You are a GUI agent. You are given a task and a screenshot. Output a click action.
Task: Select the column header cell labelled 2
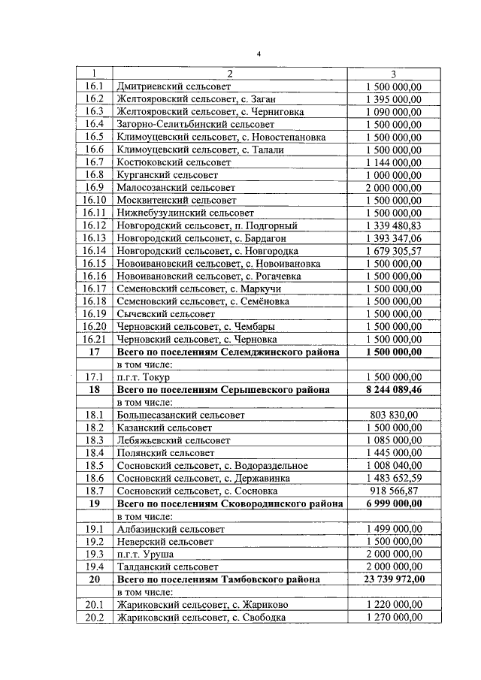[230, 74]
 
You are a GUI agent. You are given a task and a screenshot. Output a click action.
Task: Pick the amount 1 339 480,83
[394, 225]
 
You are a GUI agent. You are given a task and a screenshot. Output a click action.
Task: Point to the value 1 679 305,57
[394, 250]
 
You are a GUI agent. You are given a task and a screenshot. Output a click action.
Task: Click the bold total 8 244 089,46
[394, 389]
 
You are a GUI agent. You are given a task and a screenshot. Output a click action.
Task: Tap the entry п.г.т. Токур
[144, 376]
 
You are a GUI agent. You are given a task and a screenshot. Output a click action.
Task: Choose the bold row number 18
[94, 389]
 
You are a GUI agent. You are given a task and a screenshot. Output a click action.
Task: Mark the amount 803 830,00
[394, 415]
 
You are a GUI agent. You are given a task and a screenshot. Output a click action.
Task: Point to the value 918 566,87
[394, 491]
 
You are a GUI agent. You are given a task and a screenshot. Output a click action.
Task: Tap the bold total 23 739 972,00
[394, 579]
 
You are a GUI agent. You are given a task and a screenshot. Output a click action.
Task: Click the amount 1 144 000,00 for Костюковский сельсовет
[394, 162]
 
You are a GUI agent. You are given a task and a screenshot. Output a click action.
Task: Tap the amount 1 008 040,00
[394, 465]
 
